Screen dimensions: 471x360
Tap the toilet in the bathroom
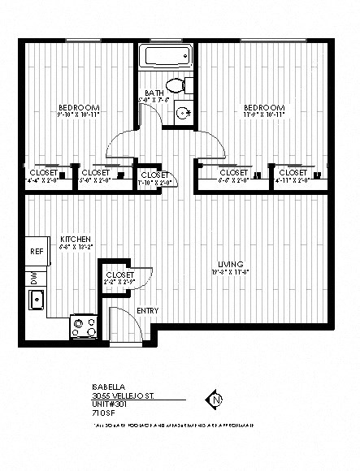[x=177, y=84]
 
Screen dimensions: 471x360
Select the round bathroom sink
[x=184, y=113]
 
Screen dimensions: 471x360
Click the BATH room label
[x=154, y=94]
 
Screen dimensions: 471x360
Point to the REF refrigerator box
[x=37, y=251]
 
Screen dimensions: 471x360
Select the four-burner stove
[x=83, y=327]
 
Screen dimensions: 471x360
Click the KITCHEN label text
[x=75, y=239]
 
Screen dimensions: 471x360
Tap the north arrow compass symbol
[x=215, y=399]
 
